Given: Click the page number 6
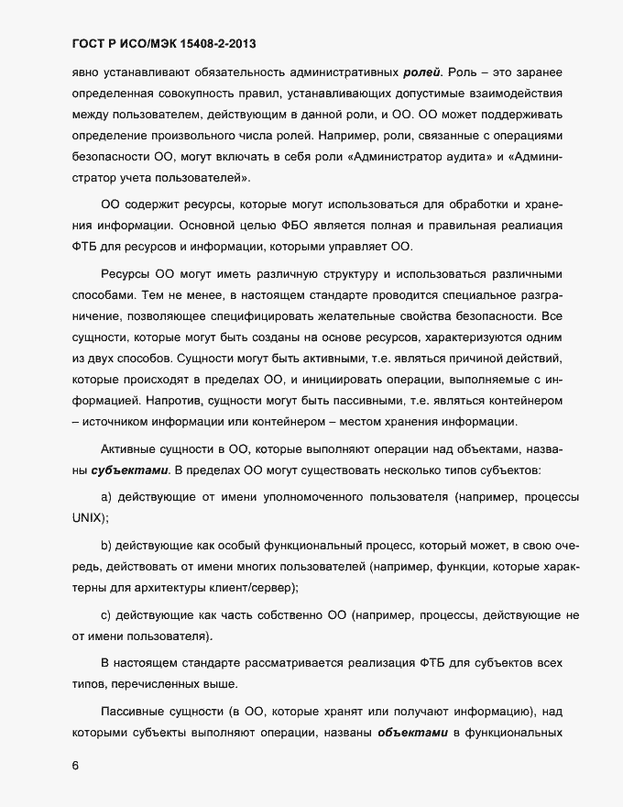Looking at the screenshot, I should [x=75, y=764].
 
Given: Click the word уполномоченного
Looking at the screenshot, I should [x=317, y=496].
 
